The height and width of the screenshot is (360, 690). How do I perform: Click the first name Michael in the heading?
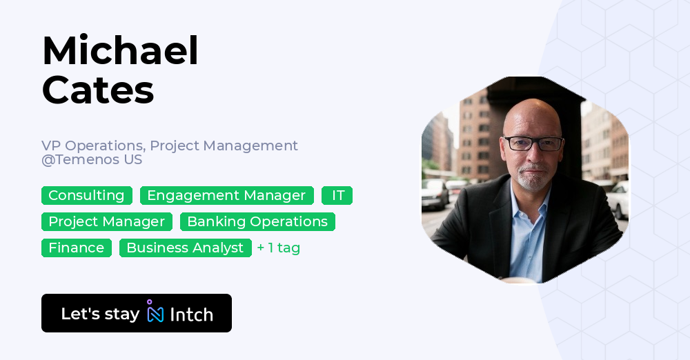[120, 52]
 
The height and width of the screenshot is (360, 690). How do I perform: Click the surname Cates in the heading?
[98, 90]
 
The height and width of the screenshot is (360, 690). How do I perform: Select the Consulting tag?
[86, 196]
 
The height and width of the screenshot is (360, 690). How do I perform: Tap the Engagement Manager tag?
[226, 196]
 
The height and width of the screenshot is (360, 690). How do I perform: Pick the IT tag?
[337, 196]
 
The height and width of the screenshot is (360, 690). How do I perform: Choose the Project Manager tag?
[106, 222]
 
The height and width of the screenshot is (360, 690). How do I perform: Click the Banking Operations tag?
[257, 222]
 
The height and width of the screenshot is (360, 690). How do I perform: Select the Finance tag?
[76, 248]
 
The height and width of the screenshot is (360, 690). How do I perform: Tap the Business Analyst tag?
[185, 248]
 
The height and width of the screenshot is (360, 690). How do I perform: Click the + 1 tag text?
[278, 248]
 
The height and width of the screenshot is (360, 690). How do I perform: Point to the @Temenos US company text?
[92, 160]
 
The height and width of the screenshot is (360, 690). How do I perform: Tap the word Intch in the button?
[191, 314]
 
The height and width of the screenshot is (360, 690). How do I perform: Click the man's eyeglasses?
[533, 143]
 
